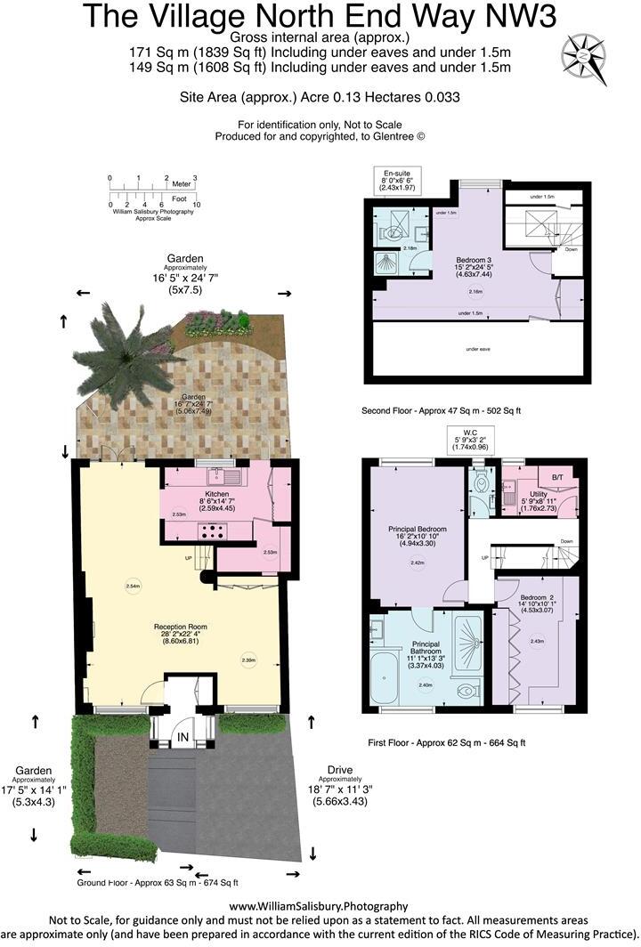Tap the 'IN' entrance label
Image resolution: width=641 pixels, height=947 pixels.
(182, 738)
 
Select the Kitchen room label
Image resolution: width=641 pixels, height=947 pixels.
(216, 493)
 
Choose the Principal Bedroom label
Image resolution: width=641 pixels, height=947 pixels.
(417, 529)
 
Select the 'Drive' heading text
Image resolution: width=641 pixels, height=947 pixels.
(340, 769)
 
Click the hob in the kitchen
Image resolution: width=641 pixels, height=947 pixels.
(215, 531)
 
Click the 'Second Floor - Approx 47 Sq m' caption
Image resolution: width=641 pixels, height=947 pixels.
(441, 411)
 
